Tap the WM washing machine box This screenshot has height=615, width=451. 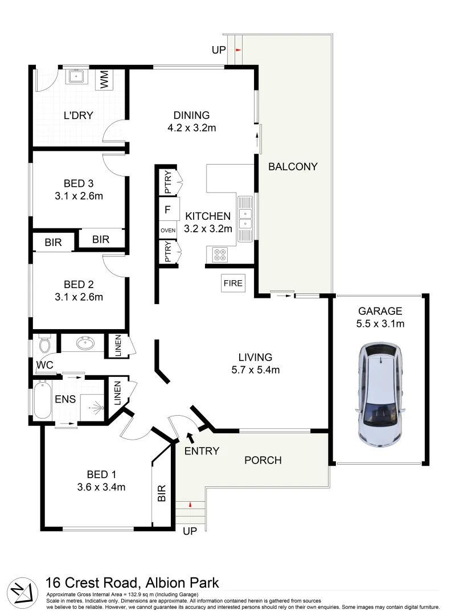tap(104, 80)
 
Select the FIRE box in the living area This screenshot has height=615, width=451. tap(233, 283)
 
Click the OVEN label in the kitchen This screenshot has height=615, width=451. tap(168, 230)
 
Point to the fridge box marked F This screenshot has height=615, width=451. tap(168, 210)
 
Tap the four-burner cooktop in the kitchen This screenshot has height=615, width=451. tap(220, 254)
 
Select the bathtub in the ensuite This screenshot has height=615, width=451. tap(42, 400)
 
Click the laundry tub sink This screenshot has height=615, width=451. tap(76, 76)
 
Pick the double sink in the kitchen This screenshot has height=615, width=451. tap(245, 219)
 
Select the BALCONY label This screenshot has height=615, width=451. tap(293, 167)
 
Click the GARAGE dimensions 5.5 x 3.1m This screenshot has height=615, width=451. tap(380, 323)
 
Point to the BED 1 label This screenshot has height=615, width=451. tap(101, 474)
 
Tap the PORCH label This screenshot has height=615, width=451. tap(263, 460)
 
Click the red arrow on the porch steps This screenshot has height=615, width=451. tap(190, 505)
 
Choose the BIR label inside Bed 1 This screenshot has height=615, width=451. tap(162, 493)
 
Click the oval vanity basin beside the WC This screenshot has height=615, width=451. tap(85, 344)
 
